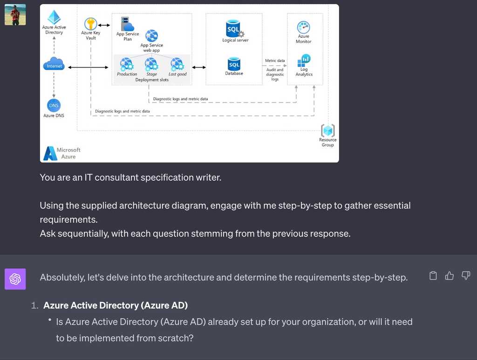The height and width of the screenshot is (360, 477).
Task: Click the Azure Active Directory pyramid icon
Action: click(x=55, y=17)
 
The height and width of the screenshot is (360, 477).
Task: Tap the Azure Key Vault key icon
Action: click(x=90, y=24)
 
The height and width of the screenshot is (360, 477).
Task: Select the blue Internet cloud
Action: click(x=54, y=64)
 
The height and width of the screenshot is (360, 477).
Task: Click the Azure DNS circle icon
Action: click(x=54, y=105)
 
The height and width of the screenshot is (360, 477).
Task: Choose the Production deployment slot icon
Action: click(x=126, y=64)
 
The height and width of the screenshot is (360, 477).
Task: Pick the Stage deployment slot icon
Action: click(x=151, y=64)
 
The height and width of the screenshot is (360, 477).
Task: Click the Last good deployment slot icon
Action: click(x=177, y=64)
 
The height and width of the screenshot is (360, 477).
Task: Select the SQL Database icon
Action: click(x=234, y=63)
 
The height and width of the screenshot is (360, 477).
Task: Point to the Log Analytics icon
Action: click(x=304, y=60)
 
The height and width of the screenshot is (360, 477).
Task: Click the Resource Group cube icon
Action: click(x=328, y=130)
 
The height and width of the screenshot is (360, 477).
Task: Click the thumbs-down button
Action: click(x=466, y=276)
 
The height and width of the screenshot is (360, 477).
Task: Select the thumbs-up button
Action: click(x=450, y=276)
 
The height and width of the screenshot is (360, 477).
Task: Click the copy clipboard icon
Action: click(x=433, y=276)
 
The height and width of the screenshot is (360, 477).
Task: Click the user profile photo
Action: click(x=15, y=14)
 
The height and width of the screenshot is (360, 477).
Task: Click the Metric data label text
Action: click(x=275, y=61)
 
